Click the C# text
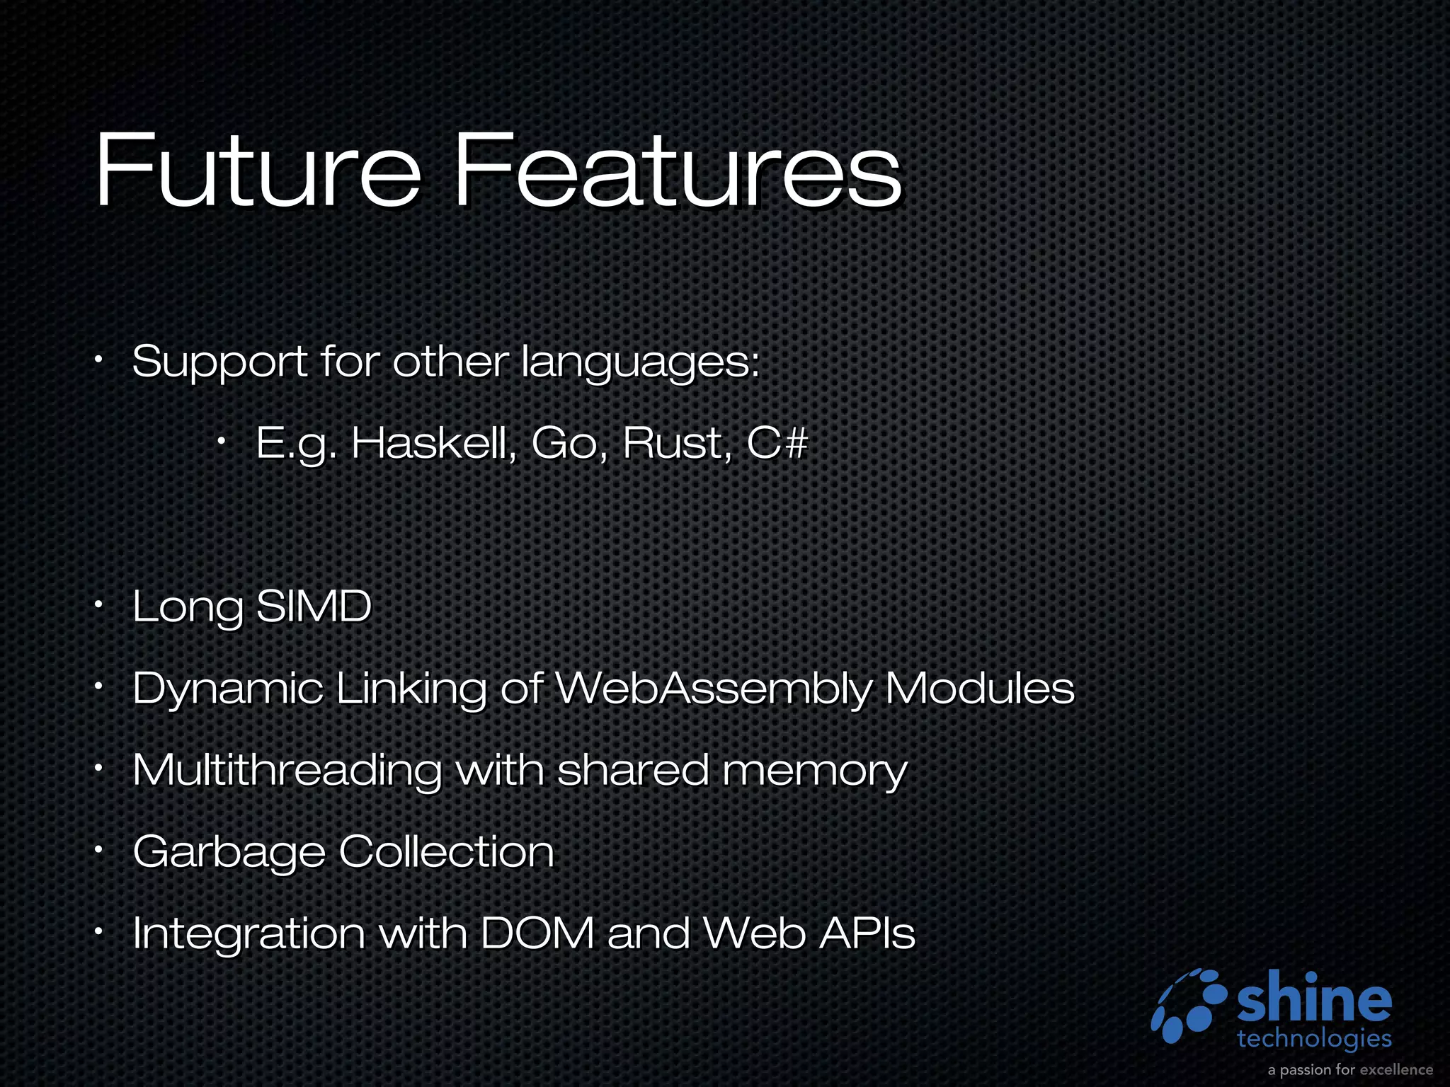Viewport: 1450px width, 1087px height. pyautogui.click(x=777, y=444)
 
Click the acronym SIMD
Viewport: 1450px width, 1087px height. pyautogui.click(x=313, y=606)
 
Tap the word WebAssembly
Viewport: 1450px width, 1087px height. pyautogui.click(x=713, y=688)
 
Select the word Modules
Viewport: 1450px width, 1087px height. pyautogui.click(x=979, y=688)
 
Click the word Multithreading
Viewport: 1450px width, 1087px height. pyautogui.click(x=287, y=770)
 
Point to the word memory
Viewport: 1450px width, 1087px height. pyautogui.click(x=814, y=771)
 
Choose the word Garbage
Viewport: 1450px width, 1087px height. pyautogui.click(x=229, y=852)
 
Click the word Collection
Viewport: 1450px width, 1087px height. pyautogui.click(x=446, y=851)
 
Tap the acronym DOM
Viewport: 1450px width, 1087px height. pyautogui.click(x=537, y=933)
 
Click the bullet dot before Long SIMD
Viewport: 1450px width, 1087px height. pyautogui.click(x=100, y=605)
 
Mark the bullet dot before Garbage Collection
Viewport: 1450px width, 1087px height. pyautogui.click(x=100, y=850)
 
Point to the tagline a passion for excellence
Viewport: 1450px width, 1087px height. pyautogui.click(x=1350, y=1069)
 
